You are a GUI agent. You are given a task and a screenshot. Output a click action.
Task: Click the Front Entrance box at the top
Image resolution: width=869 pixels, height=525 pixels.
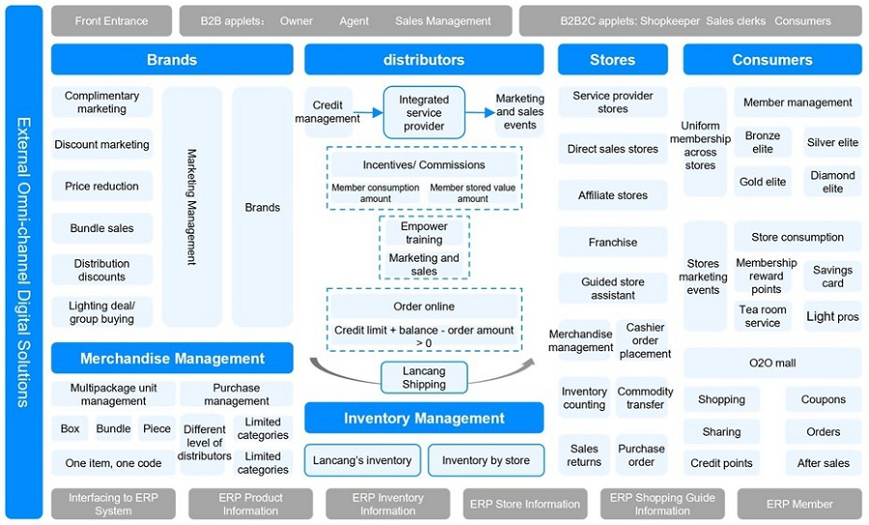pyautogui.click(x=111, y=20)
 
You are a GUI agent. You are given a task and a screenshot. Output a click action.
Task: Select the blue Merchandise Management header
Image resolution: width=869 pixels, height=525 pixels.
pyautogui.click(x=172, y=359)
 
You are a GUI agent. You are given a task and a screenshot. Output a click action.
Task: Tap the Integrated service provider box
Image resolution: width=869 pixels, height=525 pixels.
pyautogui.click(x=424, y=112)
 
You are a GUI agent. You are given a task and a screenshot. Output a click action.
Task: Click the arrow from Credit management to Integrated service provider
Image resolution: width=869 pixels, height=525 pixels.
pyautogui.click(x=372, y=112)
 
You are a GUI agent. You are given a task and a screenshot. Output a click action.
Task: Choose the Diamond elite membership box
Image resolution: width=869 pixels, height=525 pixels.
pyautogui.click(x=832, y=182)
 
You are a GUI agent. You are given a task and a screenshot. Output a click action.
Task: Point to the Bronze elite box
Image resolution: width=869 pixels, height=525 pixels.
pyautogui.click(x=763, y=143)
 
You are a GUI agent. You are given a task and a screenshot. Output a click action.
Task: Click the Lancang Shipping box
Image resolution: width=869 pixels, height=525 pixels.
pyautogui.click(x=424, y=377)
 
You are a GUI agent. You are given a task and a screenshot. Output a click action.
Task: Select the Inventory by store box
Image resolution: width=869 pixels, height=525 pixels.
pyautogui.click(x=486, y=460)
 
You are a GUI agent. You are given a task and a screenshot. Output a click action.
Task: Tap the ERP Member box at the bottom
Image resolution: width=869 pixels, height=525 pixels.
pyautogui.click(x=799, y=504)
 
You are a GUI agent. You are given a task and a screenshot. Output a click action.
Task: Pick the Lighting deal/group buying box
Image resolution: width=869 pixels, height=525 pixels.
pyautogui.click(x=102, y=312)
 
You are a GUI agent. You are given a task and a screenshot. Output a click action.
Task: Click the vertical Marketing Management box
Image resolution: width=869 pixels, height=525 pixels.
pyautogui.click(x=191, y=207)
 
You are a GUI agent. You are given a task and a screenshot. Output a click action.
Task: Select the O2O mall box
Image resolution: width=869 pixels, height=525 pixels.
pyautogui.click(x=772, y=364)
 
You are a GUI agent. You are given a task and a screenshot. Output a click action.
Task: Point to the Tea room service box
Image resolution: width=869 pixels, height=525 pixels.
pyautogui.click(x=763, y=316)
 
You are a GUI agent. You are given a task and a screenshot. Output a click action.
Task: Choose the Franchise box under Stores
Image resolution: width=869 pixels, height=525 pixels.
pyautogui.click(x=613, y=243)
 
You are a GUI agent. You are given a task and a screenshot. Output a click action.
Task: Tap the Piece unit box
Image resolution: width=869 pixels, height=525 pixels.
pyautogui.click(x=156, y=428)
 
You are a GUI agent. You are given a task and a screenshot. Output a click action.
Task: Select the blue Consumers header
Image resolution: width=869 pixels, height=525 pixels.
pyautogui.click(x=772, y=60)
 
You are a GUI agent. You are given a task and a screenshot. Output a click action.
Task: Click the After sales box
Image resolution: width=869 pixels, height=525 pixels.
pyautogui.click(x=824, y=463)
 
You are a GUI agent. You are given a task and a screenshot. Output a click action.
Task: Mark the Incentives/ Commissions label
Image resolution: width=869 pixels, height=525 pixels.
pyautogui.click(x=424, y=164)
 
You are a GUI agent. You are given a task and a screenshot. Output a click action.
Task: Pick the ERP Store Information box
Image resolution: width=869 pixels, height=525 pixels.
pyautogui.click(x=525, y=504)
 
